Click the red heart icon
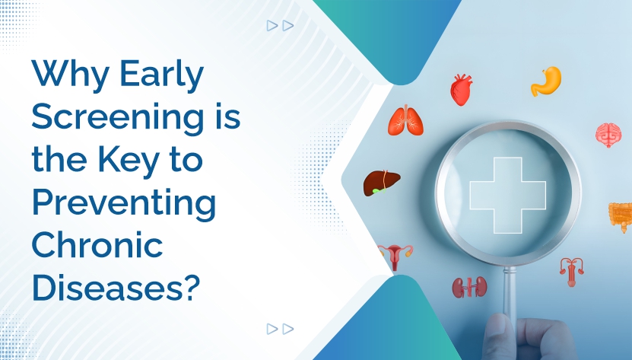click(x=461, y=90)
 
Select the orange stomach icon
click(x=545, y=81)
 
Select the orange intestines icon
click(x=620, y=216)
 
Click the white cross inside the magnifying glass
click(x=507, y=196)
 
